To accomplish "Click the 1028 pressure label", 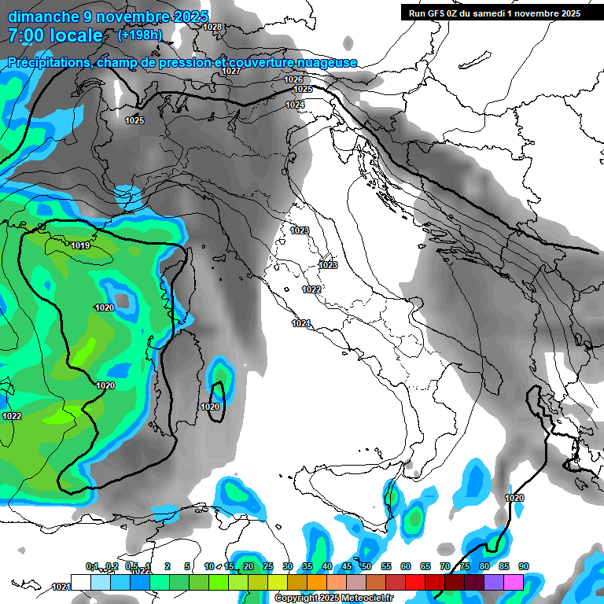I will coord(212,28).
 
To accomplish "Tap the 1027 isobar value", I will coord(230,72).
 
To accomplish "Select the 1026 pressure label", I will coord(293,79).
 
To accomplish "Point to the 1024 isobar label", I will coord(295,105).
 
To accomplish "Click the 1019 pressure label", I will coord(80,246).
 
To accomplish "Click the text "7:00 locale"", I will coord(55,35).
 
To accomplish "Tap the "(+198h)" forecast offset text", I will coord(140,35).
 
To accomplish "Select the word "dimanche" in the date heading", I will coord(39,16).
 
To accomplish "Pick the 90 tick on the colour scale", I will coord(524,566).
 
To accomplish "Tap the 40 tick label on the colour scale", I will coord(327,566).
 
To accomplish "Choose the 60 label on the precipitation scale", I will coord(406,566).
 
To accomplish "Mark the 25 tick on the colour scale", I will coord(268,566).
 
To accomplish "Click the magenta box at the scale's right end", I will coord(514,582).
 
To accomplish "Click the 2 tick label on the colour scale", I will coord(168,566).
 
